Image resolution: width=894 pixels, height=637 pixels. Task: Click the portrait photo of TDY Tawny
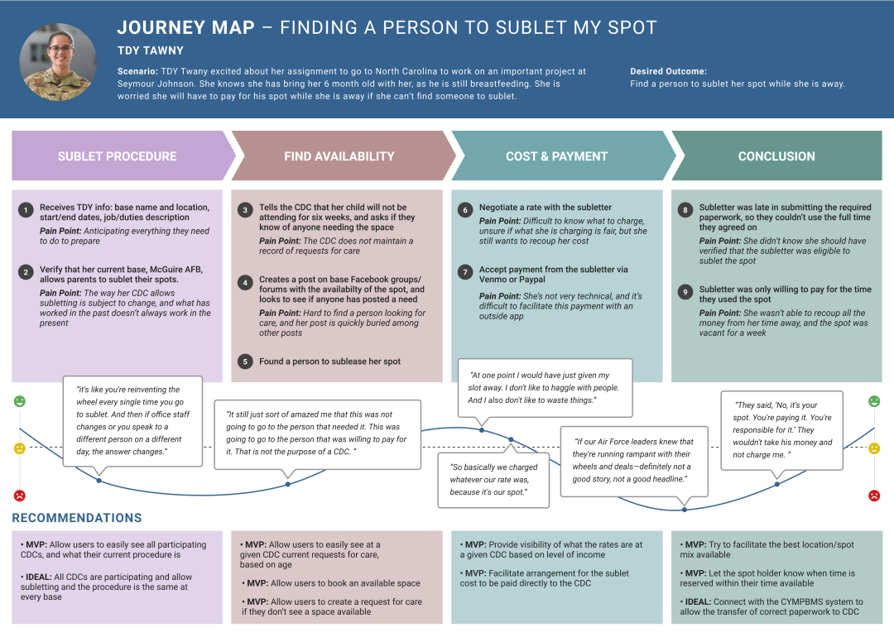(58, 62)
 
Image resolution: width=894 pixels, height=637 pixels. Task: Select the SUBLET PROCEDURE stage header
(118, 156)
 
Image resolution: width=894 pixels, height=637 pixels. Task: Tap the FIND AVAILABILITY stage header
(339, 156)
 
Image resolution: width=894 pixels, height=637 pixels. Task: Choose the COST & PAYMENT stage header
(557, 156)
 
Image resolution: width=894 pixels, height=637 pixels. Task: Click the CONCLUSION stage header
(776, 156)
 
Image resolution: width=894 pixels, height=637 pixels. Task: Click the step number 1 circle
(26, 210)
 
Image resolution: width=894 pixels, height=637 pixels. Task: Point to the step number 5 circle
(245, 362)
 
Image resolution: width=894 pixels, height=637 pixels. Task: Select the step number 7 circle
(464, 272)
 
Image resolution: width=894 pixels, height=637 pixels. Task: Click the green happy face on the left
(20, 401)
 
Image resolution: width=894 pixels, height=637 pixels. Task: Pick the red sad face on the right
(874, 496)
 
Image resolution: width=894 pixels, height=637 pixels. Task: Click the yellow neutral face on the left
(20, 448)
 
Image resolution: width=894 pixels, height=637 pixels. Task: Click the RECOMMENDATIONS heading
(77, 518)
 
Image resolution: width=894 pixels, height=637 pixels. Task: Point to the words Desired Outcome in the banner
(668, 72)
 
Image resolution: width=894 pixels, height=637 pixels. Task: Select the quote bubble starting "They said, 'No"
(782, 429)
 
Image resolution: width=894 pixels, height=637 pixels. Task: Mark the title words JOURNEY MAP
(186, 27)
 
